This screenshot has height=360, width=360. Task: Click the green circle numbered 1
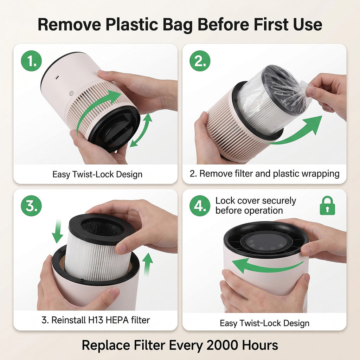coord(31,61)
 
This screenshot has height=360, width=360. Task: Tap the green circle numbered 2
coord(200,61)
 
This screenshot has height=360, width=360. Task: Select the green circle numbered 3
coord(31,206)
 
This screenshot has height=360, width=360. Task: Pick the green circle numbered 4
coord(200,206)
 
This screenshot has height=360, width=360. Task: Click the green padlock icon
coord(327,206)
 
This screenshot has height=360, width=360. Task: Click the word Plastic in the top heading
coord(132,25)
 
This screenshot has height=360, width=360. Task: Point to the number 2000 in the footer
coord(222,345)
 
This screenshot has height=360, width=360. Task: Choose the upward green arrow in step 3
coord(147,264)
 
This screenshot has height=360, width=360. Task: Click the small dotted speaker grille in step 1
coord(71,94)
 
